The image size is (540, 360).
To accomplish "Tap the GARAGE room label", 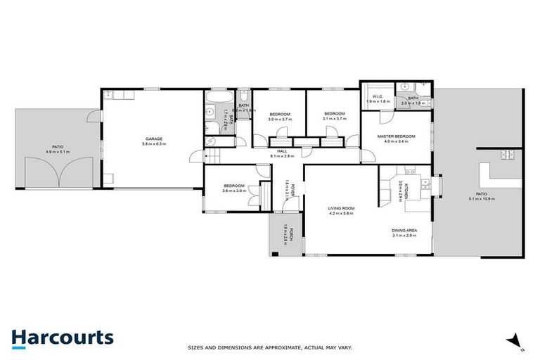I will coord(153,139).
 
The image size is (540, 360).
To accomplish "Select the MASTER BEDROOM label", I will coord(396,136).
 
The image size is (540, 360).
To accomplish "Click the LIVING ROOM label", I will coord(342,208).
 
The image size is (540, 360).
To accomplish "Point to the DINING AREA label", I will coord(404,231).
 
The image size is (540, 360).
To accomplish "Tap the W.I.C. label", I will coord(377,97).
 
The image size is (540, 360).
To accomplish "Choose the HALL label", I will coord(282,151).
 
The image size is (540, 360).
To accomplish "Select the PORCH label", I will coord(285,229).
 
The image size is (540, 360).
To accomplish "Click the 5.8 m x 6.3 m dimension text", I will coord(153,145).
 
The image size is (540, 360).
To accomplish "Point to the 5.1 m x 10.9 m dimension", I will coord(481,199).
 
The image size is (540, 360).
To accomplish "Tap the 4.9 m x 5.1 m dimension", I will coord(58,152).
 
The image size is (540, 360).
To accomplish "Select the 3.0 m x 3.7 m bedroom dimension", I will coord(279,120).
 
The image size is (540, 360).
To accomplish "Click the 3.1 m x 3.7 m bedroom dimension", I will coord(334,120).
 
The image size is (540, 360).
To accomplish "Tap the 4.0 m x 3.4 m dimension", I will coord(396,141).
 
